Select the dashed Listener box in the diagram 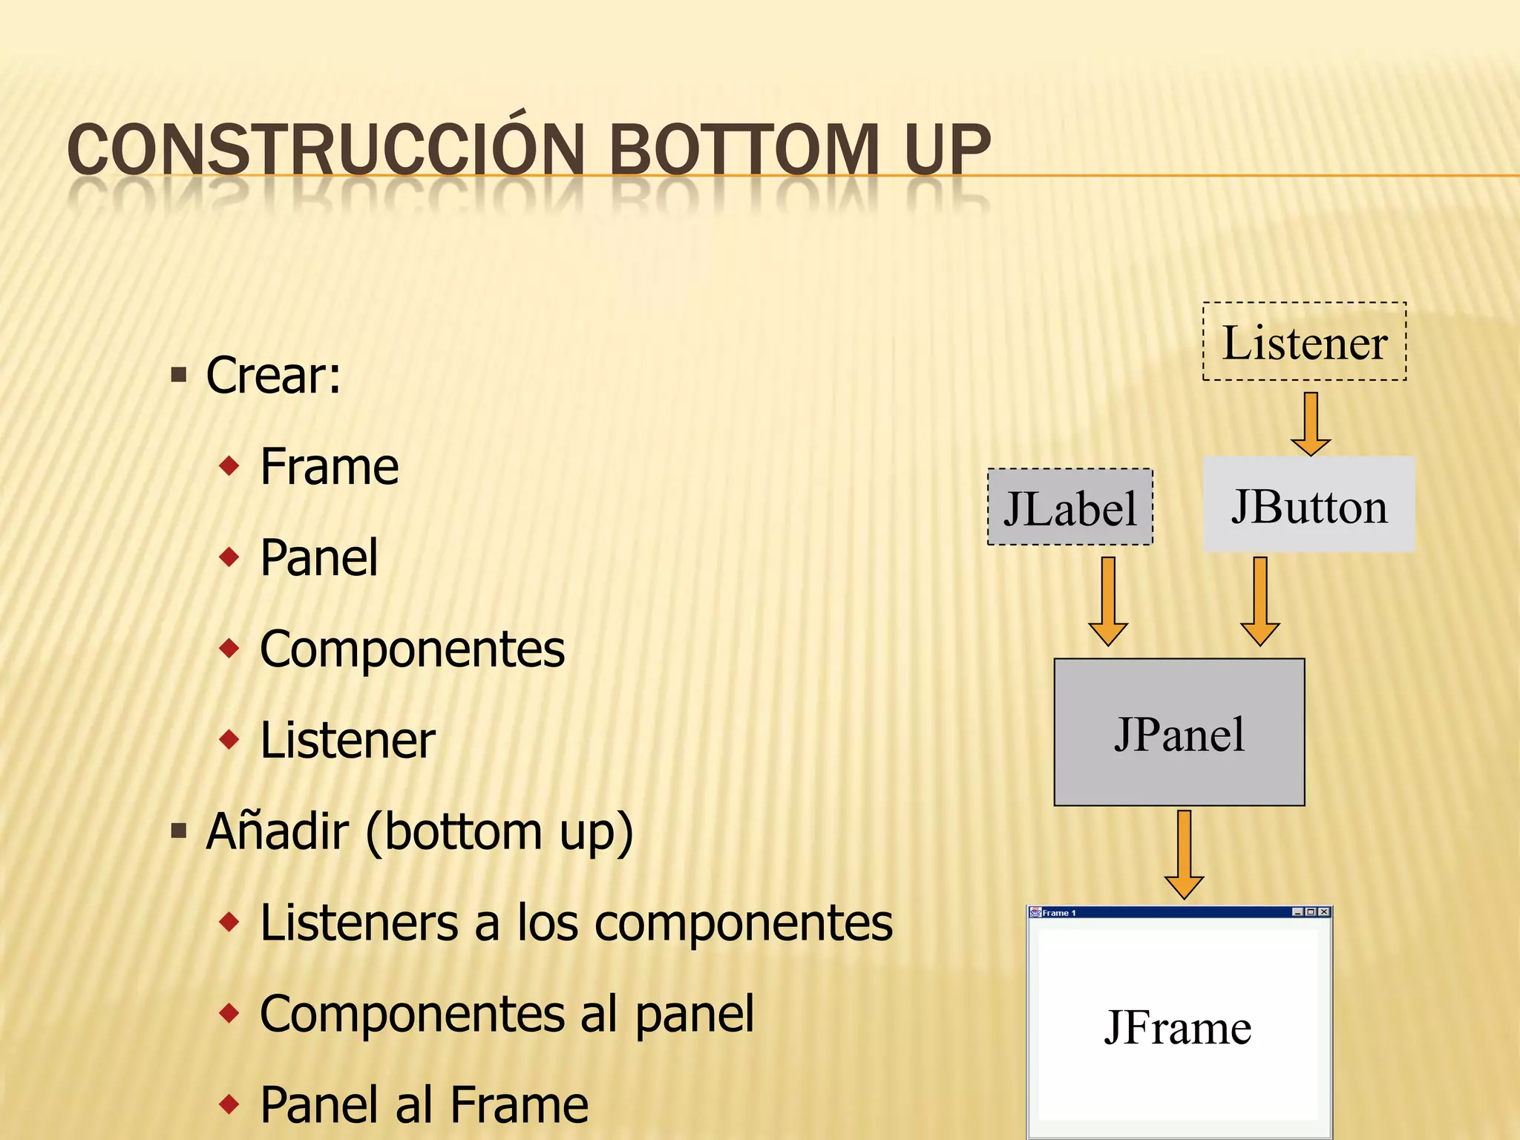click(x=1304, y=342)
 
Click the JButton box click(x=1308, y=505)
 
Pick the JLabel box click(x=1069, y=508)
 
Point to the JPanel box click(x=1179, y=733)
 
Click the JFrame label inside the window click(x=1178, y=1027)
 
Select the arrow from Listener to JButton click(x=1311, y=424)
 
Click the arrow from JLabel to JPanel click(x=1108, y=601)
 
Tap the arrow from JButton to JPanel click(x=1259, y=601)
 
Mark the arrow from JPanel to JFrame click(x=1184, y=854)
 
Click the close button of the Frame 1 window click(x=1324, y=912)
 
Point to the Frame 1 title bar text click(x=1058, y=913)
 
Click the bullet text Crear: click(x=273, y=376)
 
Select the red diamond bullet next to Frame click(x=229, y=466)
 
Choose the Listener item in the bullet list click(x=347, y=740)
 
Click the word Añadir click(x=277, y=831)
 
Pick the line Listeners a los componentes click(x=576, y=923)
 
